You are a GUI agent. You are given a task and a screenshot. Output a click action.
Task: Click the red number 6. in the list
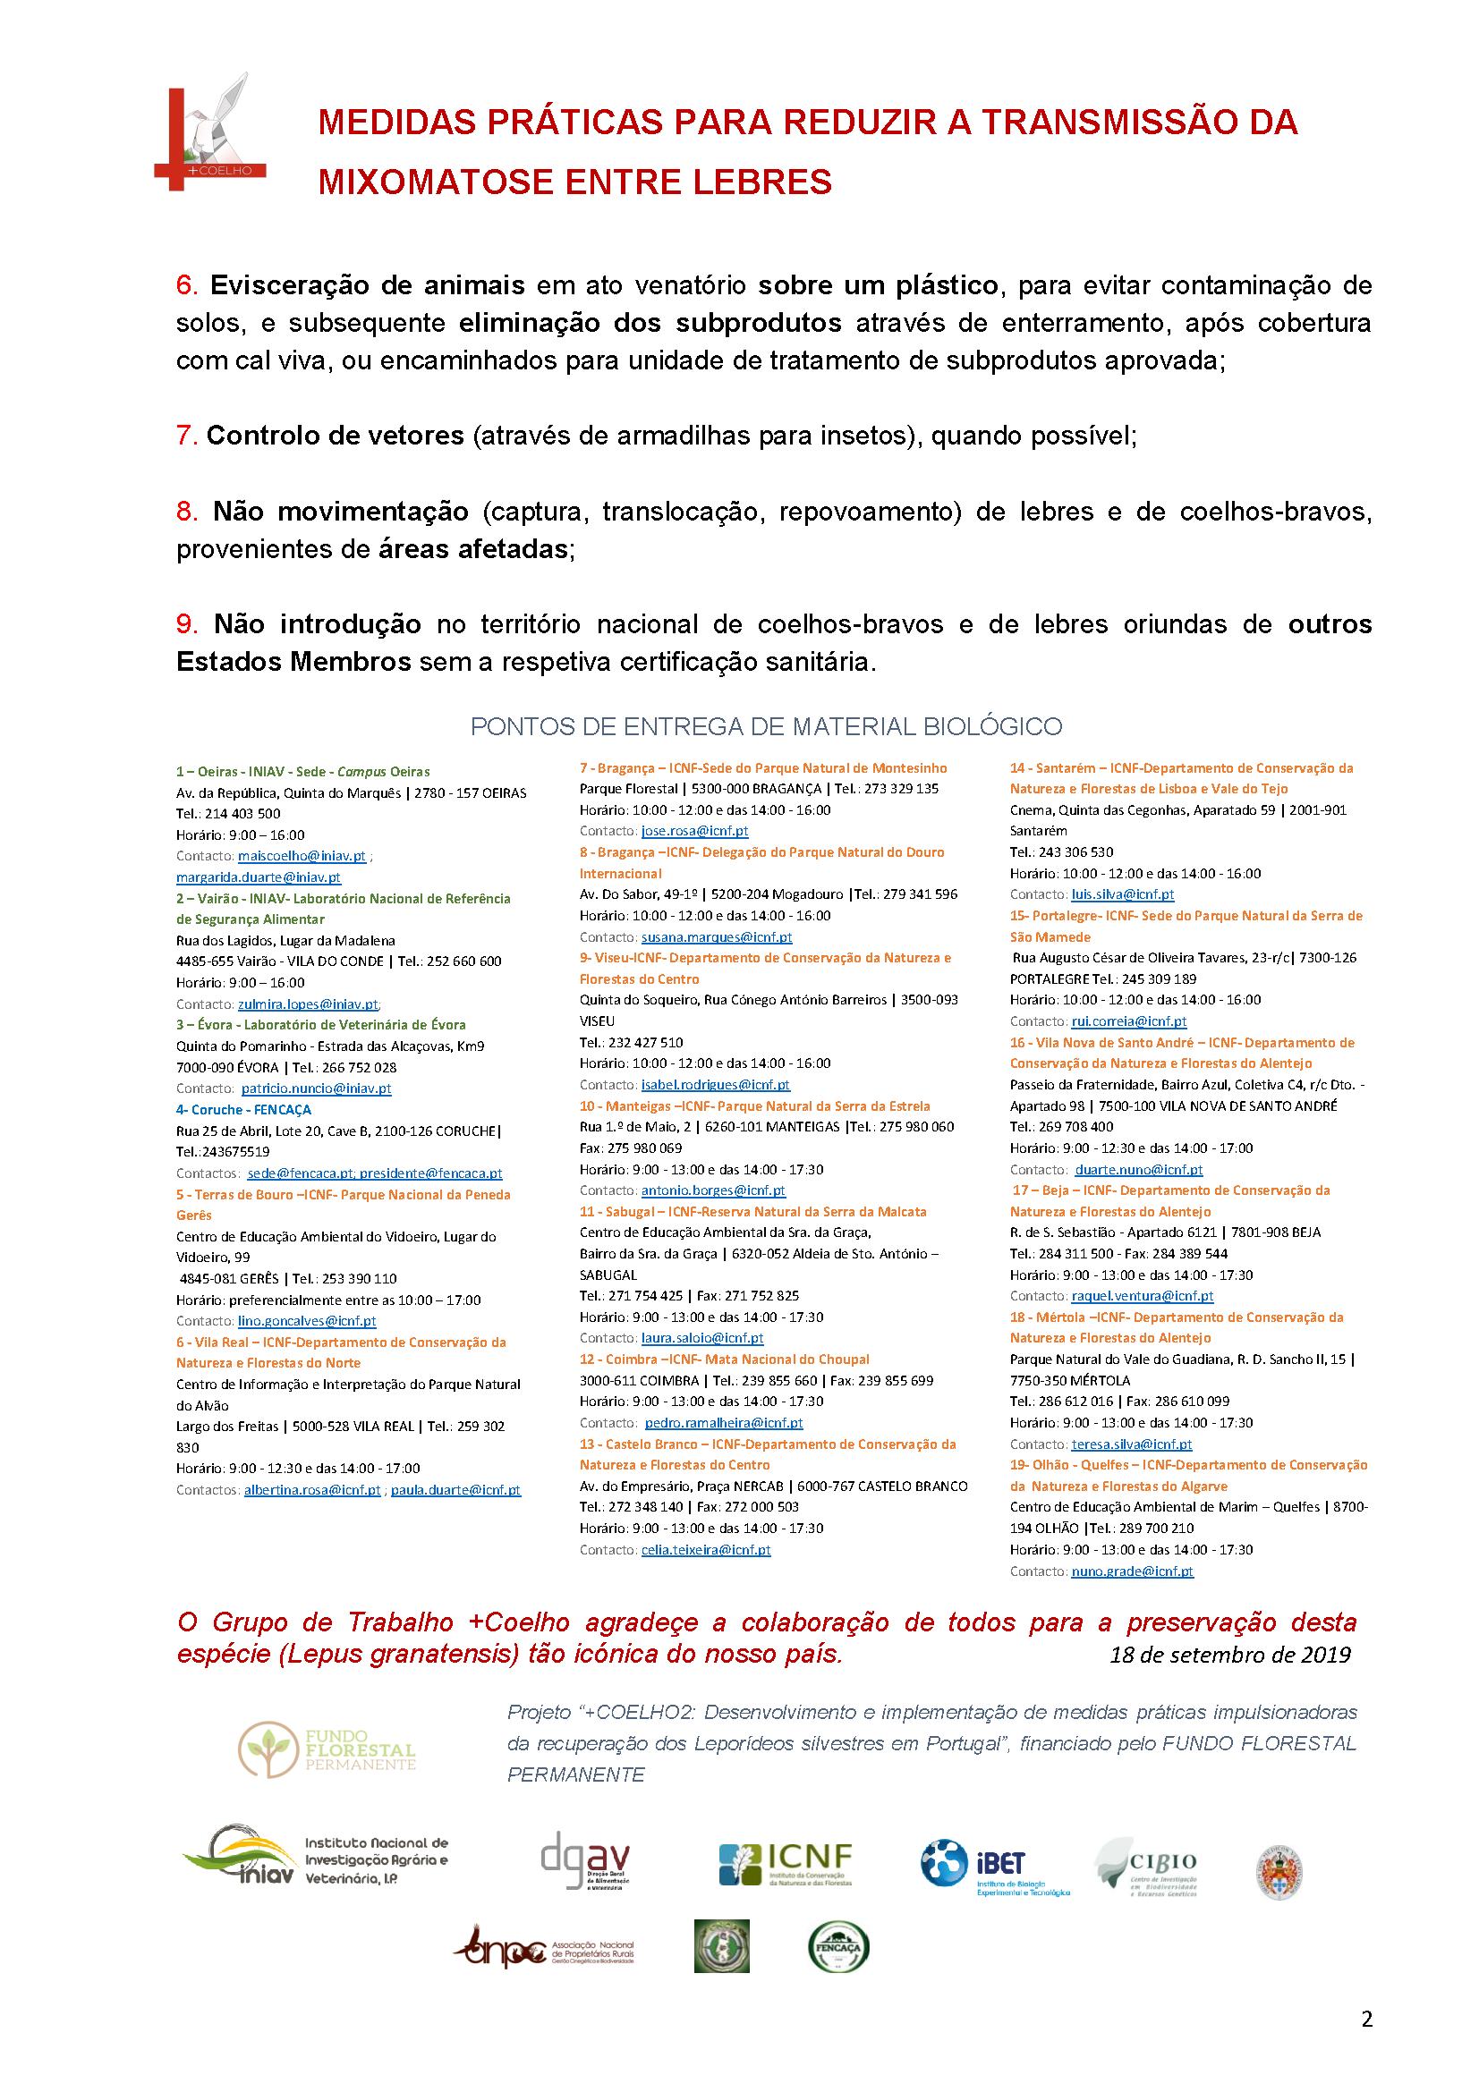187,286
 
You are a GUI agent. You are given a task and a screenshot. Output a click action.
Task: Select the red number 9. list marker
187,625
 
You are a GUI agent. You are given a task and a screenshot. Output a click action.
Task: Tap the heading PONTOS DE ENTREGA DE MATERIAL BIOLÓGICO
766,726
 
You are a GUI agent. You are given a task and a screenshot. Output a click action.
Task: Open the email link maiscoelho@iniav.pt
302,857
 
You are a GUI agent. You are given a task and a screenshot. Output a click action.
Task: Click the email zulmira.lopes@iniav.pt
308,1004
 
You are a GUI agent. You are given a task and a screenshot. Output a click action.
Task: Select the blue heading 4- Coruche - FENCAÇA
243,1110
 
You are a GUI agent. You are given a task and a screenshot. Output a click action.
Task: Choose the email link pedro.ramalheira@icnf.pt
724,1422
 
